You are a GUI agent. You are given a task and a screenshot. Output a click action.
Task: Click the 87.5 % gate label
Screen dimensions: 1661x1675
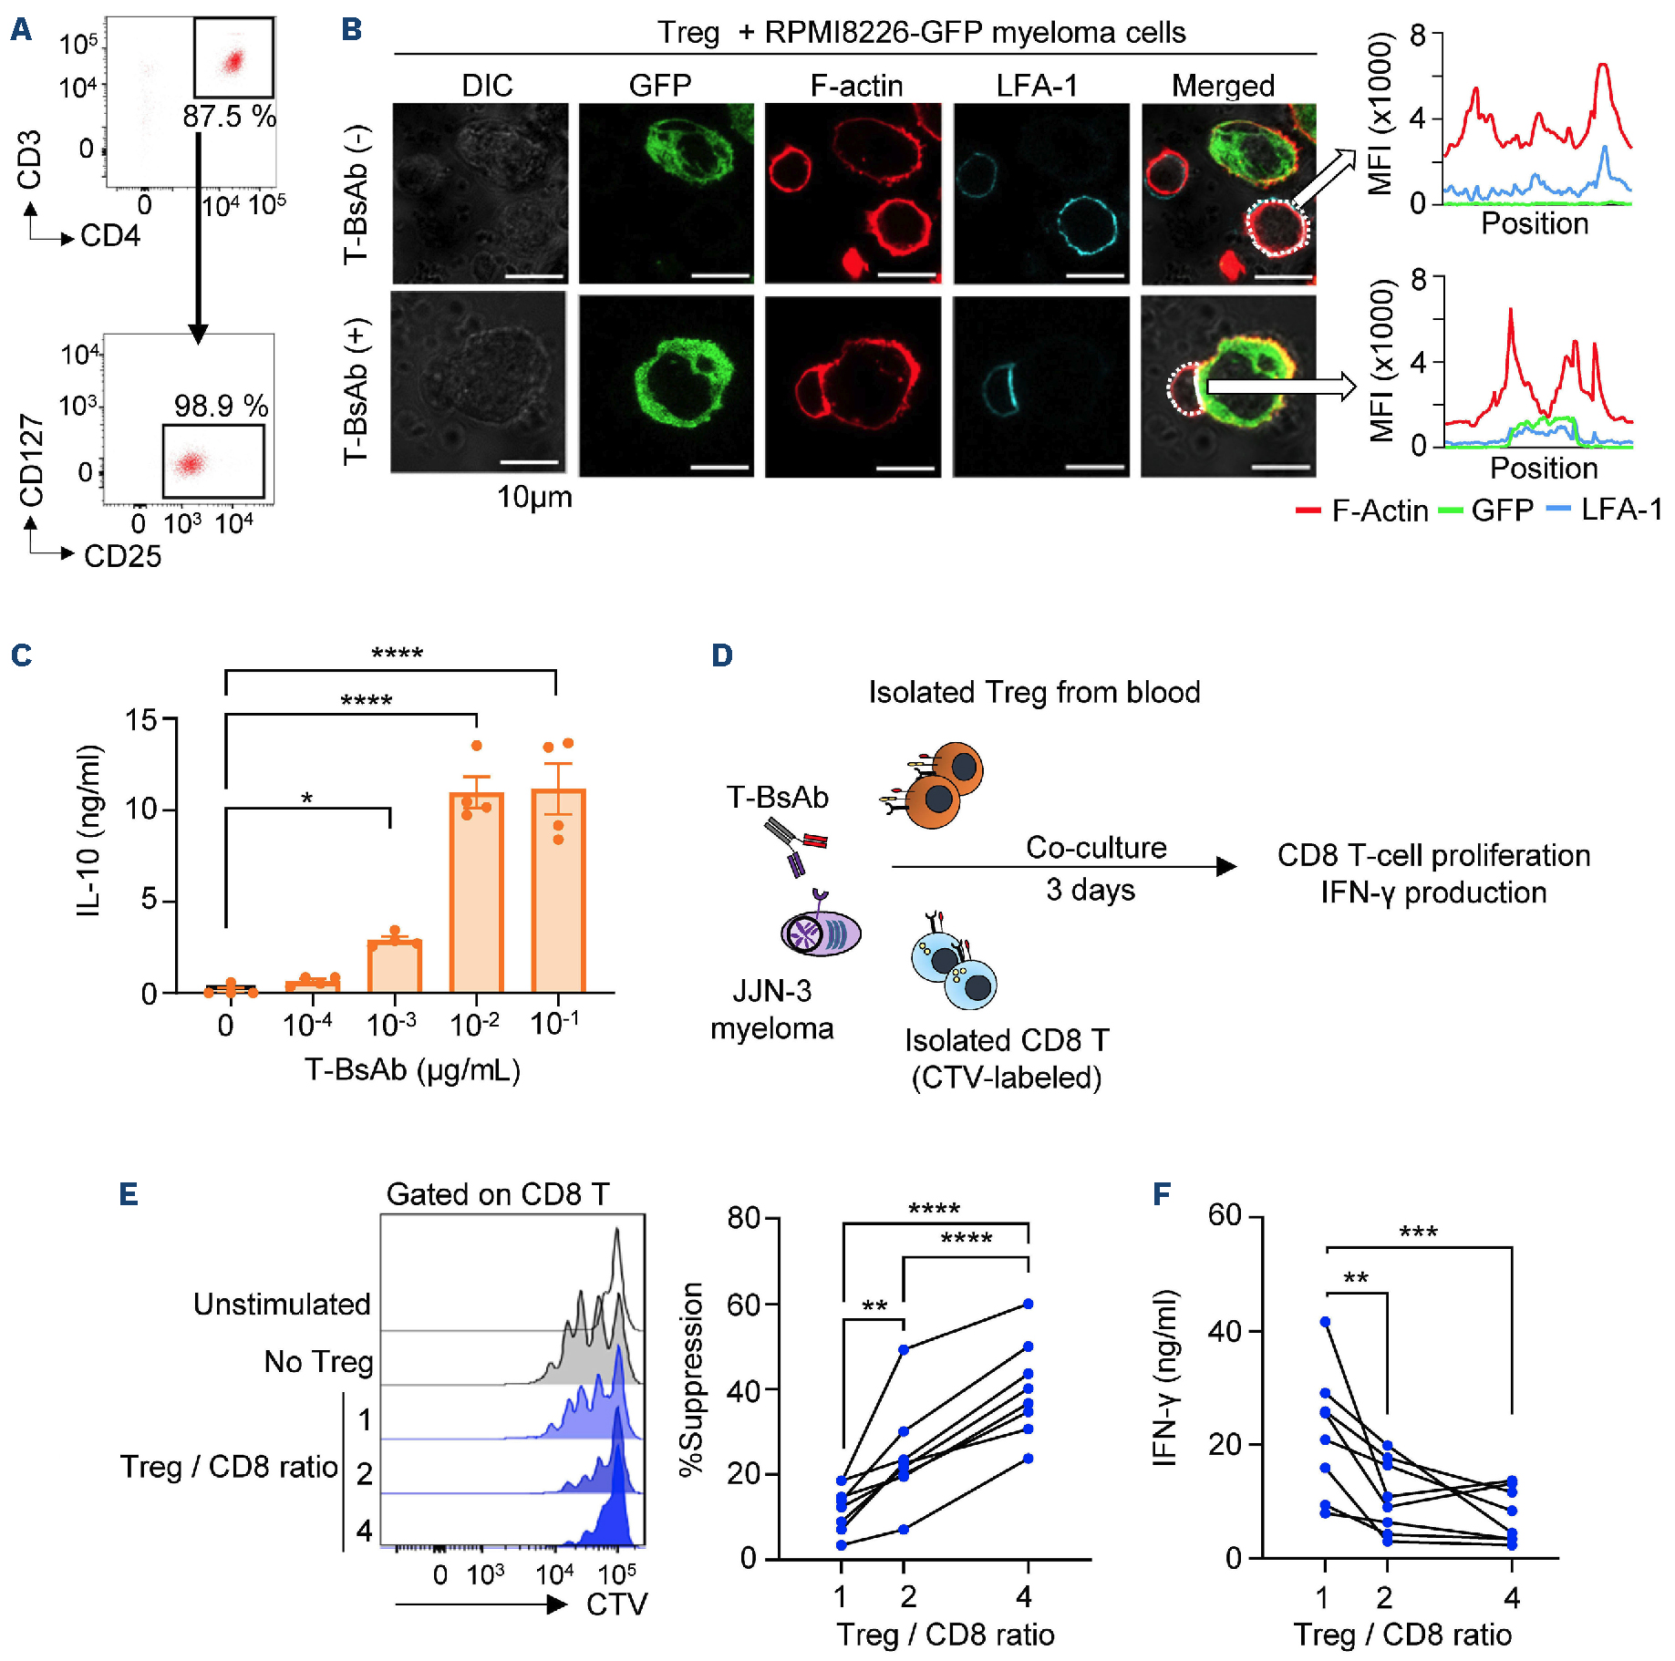point(229,117)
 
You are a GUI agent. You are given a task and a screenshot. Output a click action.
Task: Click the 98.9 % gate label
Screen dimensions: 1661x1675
point(221,406)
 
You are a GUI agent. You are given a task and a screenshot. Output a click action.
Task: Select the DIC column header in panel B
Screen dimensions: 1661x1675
point(487,86)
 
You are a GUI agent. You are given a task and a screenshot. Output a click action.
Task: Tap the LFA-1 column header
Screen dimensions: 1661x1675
point(1037,86)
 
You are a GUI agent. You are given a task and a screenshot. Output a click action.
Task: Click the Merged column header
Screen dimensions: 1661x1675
point(1223,86)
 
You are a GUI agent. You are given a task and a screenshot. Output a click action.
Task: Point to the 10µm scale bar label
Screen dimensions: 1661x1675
point(534,497)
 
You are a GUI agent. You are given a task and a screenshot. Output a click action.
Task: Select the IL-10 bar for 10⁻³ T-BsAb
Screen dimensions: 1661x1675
point(394,965)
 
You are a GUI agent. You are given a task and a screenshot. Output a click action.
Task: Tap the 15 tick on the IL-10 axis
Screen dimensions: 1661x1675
point(141,720)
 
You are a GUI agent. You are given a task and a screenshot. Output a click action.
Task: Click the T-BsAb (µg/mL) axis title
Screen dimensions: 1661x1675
point(412,1069)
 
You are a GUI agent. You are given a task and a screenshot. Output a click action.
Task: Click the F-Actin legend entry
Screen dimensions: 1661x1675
point(1362,511)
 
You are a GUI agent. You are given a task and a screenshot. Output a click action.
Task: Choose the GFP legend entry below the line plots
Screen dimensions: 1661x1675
point(1487,511)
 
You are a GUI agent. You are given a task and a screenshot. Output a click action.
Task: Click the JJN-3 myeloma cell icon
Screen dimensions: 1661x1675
point(820,934)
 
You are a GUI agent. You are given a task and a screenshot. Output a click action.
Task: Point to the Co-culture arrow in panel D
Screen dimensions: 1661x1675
point(1063,867)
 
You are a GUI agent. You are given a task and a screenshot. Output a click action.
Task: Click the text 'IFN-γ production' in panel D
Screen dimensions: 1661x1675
point(1433,892)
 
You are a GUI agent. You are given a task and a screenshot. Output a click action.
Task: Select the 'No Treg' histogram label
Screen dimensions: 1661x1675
point(318,1362)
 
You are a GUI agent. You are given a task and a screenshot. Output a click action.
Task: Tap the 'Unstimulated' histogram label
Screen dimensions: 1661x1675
point(282,1305)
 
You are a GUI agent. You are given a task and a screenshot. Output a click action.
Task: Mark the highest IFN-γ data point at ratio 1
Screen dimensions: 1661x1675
point(1325,1322)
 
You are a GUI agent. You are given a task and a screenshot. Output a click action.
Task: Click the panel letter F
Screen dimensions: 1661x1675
point(1162,1194)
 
